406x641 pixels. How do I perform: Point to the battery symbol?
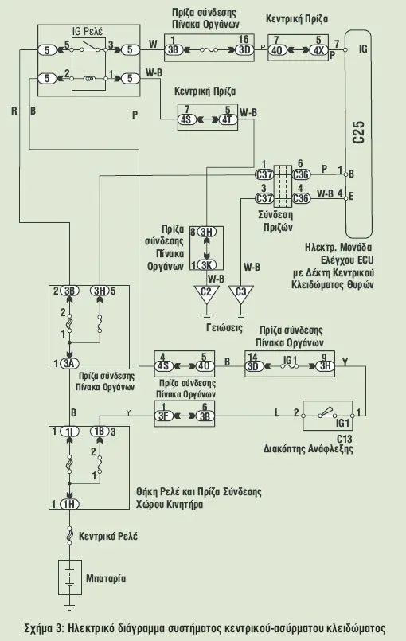point(70,577)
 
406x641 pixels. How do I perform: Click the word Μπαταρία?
point(106,578)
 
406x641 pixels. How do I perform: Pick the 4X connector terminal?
point(318,50)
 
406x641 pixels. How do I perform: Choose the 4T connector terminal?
point(227,119)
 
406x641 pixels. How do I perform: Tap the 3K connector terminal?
point(206,264)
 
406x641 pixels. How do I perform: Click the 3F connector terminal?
point(163,416)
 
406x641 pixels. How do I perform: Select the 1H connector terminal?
point(69,504)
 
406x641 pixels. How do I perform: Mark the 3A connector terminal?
point(69,363)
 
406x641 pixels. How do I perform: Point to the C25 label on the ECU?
point(358,131)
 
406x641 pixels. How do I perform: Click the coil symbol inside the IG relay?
point(88,78)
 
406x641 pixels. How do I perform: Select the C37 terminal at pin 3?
point(264,198)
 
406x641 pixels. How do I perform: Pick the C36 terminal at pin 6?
point(301,174)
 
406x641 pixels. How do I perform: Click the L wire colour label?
point(277,412)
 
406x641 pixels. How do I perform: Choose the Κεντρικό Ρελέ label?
point(108,536)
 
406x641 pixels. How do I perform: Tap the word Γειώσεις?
point(224,327)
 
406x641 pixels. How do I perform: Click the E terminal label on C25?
point(351,196)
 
